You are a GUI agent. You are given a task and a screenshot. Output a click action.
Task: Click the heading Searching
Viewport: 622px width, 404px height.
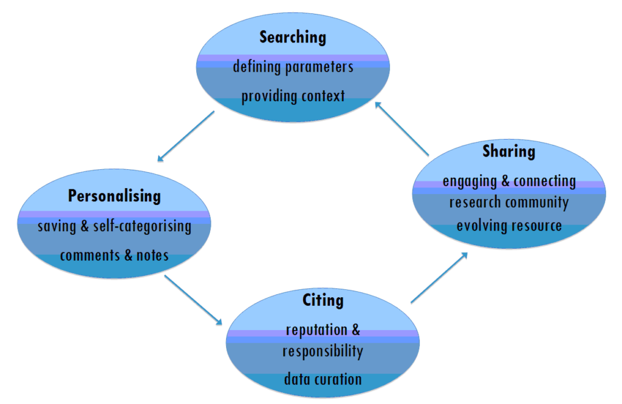pos(293,38)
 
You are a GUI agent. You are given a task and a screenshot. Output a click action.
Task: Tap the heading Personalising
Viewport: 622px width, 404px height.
pos(114,197)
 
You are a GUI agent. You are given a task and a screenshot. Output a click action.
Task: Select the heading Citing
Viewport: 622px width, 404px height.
pos(323,300)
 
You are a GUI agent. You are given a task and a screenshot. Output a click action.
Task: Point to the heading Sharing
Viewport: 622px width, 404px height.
pos(508,152)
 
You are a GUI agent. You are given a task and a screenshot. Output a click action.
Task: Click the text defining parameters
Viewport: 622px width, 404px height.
pos(293,67)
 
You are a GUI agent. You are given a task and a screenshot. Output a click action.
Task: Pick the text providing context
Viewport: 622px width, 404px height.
pos(293,96)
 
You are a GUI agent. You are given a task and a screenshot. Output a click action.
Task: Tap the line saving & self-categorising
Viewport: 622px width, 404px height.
pos(114,227)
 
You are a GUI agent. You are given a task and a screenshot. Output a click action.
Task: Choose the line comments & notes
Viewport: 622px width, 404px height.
pos(114,255)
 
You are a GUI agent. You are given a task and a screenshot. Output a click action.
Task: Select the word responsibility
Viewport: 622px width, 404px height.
pos(323,351)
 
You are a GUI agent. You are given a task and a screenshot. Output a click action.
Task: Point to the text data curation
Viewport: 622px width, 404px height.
pos(323,380)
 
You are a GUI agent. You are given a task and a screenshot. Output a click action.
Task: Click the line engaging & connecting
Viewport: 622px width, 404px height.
pos(508,181)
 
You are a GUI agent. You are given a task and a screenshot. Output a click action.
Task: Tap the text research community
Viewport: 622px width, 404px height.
pos(508,202)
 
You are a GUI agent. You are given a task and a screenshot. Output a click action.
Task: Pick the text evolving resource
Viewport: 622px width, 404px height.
pos(508,226)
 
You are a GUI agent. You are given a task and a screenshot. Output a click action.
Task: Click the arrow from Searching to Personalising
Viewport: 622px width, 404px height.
pos(186,136)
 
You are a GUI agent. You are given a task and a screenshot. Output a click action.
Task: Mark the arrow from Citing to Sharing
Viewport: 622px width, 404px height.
pos(439,277)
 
